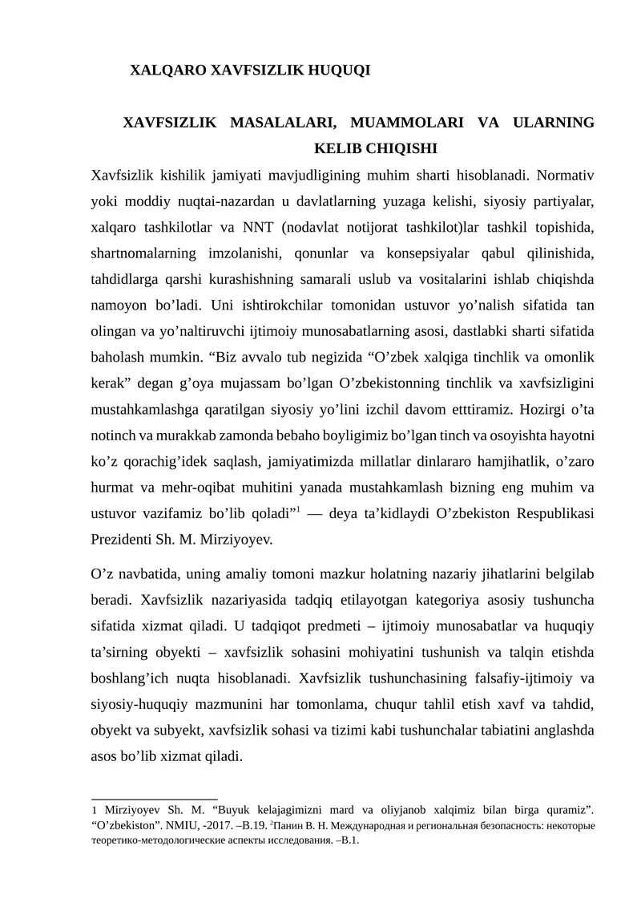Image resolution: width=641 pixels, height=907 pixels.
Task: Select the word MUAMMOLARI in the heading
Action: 405,123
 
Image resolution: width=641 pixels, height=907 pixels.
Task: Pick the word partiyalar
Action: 558,200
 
